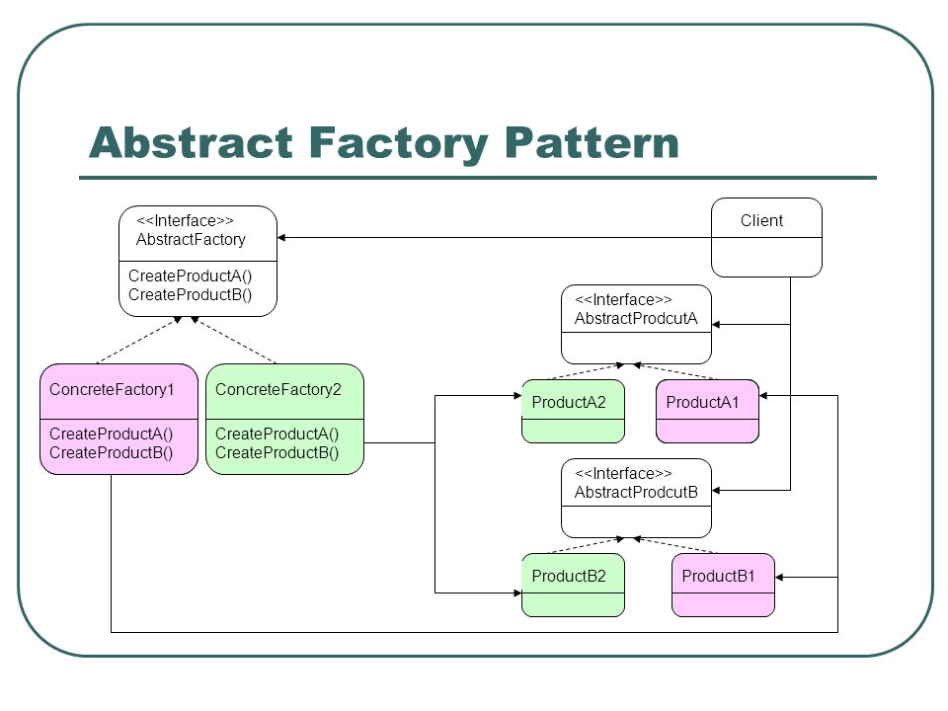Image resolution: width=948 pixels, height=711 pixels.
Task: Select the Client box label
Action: pyautogui.click(x=761, y=220)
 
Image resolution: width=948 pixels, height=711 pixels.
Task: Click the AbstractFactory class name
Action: pyautogui.click(x=191, y=240)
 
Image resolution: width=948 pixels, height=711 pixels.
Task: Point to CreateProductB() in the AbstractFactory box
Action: pyautogui.click(x=190, y=295)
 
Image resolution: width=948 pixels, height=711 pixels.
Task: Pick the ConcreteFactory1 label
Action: pyautogui.click(x=112, y=389)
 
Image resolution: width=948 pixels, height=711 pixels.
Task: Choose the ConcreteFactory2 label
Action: pyautogui.click(x=278, y=389)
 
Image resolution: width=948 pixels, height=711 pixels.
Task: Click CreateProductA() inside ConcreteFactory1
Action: pyautogui.click(x=112, y=434)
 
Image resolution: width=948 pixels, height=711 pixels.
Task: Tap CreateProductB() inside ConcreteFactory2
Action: pyautogui.click(x=276, y=453)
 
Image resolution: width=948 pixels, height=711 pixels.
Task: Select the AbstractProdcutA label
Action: pyautogui.click(x=636, y=319)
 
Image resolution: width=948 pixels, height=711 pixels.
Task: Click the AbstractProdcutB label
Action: pyautogui.click(x=636, y=493)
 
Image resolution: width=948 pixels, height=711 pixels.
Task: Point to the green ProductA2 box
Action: pyautogui.click(x=573, y=411)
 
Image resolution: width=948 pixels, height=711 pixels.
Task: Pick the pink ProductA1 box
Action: pyautogui.click(x=707, y=411)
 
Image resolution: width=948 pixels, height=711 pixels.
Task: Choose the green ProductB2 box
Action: pyautogui.click(x=573, y=586)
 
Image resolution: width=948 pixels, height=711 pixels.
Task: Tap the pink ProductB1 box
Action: pyautogui.click(x=723, y=586)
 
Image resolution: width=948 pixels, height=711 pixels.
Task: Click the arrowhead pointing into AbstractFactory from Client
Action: pyautogui.click(x=281, y=238)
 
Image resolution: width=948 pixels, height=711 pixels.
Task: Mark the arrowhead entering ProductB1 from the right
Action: pyautogui.click(x=779, y=578)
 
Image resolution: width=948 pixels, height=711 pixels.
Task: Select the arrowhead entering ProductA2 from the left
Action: pyautogui.click(x=517, y=396)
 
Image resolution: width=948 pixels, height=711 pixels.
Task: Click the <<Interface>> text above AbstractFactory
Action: pyautogui.click(x=185, y=221)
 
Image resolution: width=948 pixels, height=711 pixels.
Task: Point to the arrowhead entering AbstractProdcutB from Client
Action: pyautogui.click(x=716, y=491)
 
